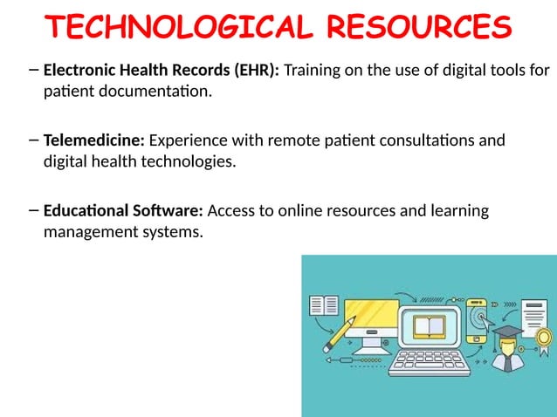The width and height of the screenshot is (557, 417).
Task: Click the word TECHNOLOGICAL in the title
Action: click(x=178, y=27)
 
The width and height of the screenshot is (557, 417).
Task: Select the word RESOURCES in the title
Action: click(x=419, y=27)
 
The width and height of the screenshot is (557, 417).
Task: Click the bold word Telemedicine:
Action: click(x=94, y=140)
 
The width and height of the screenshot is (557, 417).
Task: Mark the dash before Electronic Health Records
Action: click(x=33, y=69)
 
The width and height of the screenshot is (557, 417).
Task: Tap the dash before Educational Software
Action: click(x=33, y=209)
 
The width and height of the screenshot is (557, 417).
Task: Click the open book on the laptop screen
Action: click(x=429, y=326)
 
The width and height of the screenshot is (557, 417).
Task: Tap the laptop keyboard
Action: click(x=430, y=360)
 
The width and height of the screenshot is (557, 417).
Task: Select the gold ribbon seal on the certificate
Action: click(x=543, y=337)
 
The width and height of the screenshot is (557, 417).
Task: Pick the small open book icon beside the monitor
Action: click(x=324, y=306)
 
